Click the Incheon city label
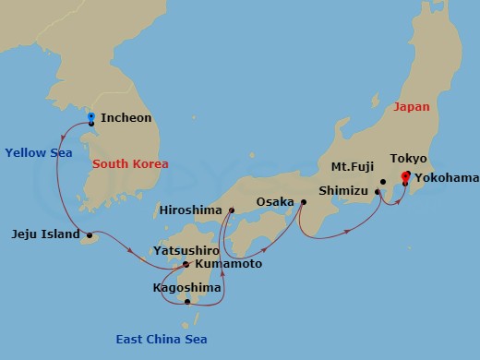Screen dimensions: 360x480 point(126,118)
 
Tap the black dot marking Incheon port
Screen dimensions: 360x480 point(90,123)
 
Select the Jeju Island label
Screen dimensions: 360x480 point(46,234)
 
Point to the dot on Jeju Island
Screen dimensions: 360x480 point(90,235)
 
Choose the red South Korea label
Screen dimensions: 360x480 point(130,164)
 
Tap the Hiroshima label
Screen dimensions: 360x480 point(191,210)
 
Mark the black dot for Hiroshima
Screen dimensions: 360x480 point(231,210)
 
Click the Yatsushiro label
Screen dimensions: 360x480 point(186,250)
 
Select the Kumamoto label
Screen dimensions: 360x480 point(228,264)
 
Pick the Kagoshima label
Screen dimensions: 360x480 point(186,288)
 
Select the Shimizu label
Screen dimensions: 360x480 point(343,190)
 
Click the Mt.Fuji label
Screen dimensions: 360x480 point(352,168)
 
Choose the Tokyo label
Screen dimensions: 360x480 point(408,159)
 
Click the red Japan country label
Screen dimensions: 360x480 point(411,107)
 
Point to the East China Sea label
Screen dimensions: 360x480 point(161,340)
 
